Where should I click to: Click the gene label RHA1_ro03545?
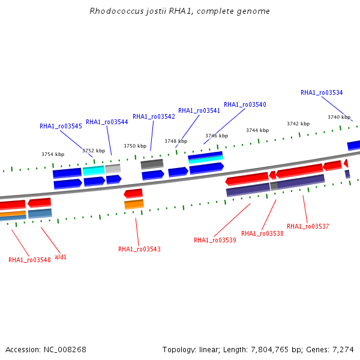pyautogui.click(x=61, y=126)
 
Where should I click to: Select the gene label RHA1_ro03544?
pyautogui.click(x=107, y=122)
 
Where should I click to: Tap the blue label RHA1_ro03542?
pyautogui.click(x=154, y=116)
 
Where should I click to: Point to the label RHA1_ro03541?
pyautogui.click(x=199, y=110)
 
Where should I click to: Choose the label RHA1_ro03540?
pyautogui.click(x=245, y=104)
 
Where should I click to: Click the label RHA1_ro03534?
pyautogui.click(x=322, y=92)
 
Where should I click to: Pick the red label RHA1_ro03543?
pyautogui.click(x=139, y=249)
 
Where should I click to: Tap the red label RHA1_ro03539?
pyautogui.click(x=215, y=240)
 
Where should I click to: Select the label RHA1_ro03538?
pyautogui.click(x=262, y=233)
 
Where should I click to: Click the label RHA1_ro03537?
pyautogui.click(x=308, y=226)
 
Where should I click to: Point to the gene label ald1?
pyautogui.click(x=61, y=257)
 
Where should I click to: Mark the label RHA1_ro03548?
pyautogui.click(x=29, y=260)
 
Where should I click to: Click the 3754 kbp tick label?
pyautogui.click(x=53, y=154)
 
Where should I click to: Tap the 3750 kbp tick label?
pyautogui.click(x=135, y=146)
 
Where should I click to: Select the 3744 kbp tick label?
pyautogui.click(x=257, y=130)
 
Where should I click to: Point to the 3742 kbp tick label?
pyautogui.click(x=298, y=124)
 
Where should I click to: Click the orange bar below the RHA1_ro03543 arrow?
pyautogui.click(x=134, y=205)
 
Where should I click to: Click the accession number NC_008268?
pyautogui.click(x=65, y=350)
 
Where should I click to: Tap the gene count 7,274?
pyautogui.click(x=343, y=350)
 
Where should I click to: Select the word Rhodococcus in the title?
pyautogui.click(x=116, y=11)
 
